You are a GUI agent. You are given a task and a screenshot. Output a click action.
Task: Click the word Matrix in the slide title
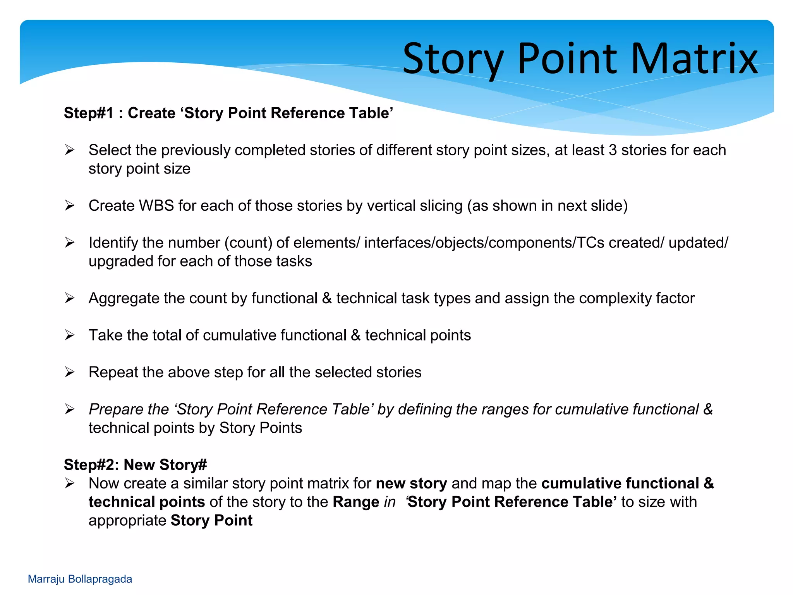(694, 59)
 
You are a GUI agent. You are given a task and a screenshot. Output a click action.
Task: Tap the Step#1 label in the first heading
(89, 113)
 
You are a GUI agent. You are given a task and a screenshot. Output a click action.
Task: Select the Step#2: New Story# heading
(136, 464)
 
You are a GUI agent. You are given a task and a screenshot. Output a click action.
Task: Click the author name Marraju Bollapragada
(80, 579)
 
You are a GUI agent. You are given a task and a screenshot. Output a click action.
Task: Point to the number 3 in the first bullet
(613, 150)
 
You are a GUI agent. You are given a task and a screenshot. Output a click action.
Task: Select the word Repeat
(113, 372)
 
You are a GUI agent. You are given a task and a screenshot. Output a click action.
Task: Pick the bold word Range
(356, 502)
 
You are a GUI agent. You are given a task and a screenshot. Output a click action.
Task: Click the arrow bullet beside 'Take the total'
(70, 335)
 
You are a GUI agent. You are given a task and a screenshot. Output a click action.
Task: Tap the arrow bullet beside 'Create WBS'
(70, 205)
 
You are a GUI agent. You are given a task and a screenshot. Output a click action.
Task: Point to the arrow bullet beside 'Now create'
(70, 483)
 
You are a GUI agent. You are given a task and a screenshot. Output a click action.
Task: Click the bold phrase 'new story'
(411, 483)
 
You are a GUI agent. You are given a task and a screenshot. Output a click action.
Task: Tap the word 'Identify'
(113, 243)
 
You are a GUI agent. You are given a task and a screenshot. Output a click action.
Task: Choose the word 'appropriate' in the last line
(127, 521)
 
